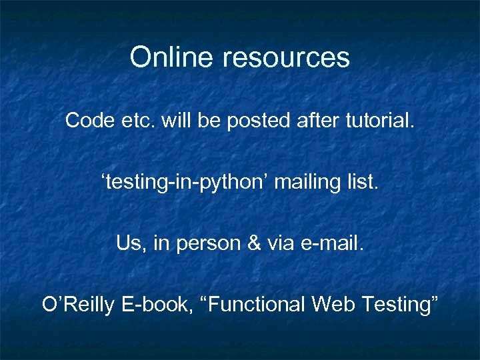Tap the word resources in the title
[286, 59]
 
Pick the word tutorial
[377, 121]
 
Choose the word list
[363, 182]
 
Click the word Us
[129, 243]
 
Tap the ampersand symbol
[253, 243]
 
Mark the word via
[281, 243]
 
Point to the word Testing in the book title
[399, 305]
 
